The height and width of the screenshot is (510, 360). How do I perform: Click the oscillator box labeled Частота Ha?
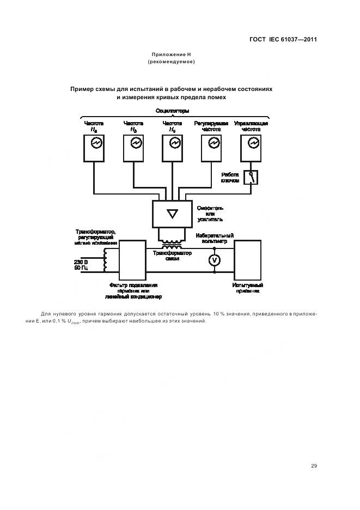point(94,148)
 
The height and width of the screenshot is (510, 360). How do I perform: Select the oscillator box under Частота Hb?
point(133,148)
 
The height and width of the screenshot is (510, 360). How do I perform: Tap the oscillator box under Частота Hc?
point(173,148)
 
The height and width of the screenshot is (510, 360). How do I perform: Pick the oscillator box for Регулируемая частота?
point(212,148)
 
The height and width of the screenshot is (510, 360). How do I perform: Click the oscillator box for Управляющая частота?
point(251,148)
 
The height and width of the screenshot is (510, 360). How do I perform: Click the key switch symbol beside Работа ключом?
point(251,177)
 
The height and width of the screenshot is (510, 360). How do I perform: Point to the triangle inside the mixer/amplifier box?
point(172,213)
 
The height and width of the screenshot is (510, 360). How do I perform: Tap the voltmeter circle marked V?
point(214,260)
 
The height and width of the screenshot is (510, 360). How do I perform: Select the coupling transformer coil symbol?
point(172,242)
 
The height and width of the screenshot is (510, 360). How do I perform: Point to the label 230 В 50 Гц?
point(81,265)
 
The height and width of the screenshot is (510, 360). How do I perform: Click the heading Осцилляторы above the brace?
point(173,111)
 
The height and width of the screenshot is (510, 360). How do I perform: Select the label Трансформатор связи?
point(172,256)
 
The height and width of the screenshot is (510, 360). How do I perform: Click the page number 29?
point(314,465)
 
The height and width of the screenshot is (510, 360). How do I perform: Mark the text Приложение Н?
point(172,54)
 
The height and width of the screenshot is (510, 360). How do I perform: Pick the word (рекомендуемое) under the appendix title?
point(172,62)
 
